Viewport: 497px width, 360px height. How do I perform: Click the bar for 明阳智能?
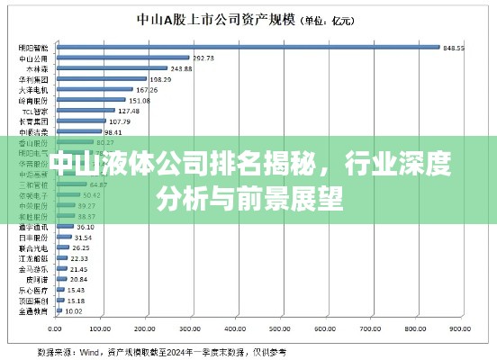248,47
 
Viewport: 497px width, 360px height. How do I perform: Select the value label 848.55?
454,48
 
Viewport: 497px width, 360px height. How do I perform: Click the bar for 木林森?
112,68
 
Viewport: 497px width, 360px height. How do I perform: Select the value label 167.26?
147,90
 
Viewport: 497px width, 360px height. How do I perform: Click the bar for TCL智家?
85,111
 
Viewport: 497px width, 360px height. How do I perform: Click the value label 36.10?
86,227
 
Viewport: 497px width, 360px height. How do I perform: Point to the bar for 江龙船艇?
60,258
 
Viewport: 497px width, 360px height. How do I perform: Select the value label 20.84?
78,279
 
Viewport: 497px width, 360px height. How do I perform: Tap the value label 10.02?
74,311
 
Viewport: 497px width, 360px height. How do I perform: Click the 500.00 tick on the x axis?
282,328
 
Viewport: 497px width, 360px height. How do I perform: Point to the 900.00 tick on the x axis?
461,328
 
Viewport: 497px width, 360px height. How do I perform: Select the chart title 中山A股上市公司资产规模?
212,18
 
